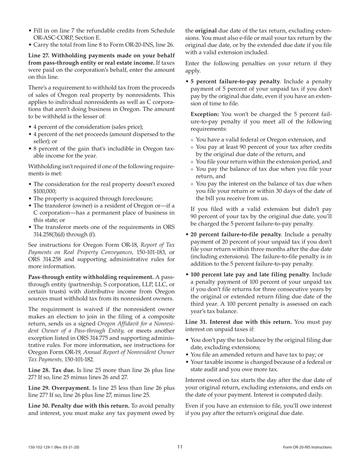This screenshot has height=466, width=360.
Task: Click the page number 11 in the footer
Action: pos(180,447)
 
